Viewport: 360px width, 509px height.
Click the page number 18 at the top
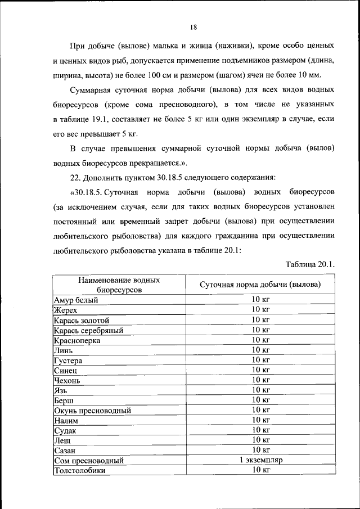(x=193, y=26)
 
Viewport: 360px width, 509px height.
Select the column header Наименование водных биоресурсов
(x=119, y=285)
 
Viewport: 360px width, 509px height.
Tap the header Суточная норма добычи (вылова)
(x=260, y=285)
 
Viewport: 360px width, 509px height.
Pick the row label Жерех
(x=66, y=310)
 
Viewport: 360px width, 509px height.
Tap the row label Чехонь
(x=67, y=380)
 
